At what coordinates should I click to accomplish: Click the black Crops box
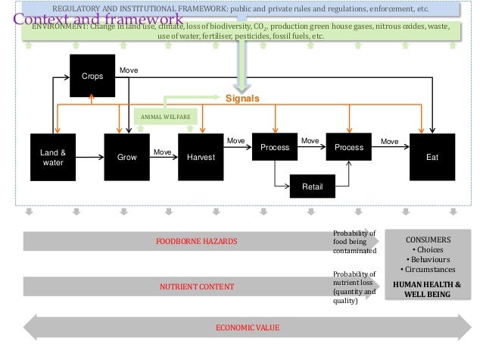tap(92, 76)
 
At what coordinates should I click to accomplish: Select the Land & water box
tap(53, 157)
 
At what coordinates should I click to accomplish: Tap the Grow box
tap(122, 157)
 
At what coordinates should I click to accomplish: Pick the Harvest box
tap(201, 157)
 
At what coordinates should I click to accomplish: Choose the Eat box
tap(432, 157)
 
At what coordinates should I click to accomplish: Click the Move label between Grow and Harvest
tap(162, 152)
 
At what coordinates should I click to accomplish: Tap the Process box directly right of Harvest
tap(276, 147)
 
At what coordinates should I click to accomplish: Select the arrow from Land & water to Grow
tap(89, 157)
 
